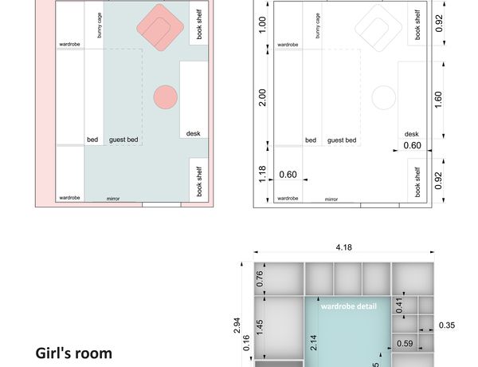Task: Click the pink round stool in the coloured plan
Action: [x=166, y=97]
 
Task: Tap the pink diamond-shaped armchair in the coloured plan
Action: [x=160, y=27]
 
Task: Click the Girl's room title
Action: [x=74, y=353]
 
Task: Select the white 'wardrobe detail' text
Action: [x=349, y=306]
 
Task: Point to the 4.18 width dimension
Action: [x=344, y=247]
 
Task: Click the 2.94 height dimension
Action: [x=237, y=326]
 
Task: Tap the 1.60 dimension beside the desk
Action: [x=438, y=100]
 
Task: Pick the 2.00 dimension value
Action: [x=262, y=97]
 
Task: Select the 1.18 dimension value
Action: [x=262, y=175]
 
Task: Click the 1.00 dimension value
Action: [x=262, y=25]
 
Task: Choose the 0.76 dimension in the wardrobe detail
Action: [x=260, y=278]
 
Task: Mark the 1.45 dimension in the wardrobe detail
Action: [x=260, y=327]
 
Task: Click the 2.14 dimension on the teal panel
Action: [x=313, y=342]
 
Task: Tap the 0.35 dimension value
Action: [x=447, y=326]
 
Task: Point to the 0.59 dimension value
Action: [x=405, y=344]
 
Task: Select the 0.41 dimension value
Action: [x=399, y=306]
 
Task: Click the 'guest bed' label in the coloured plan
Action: [x=123, y=140]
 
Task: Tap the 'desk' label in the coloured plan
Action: [x=194, y=133]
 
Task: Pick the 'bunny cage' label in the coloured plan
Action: [x=100, y=26]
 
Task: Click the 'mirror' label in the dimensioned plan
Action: [x=331, y=199]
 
